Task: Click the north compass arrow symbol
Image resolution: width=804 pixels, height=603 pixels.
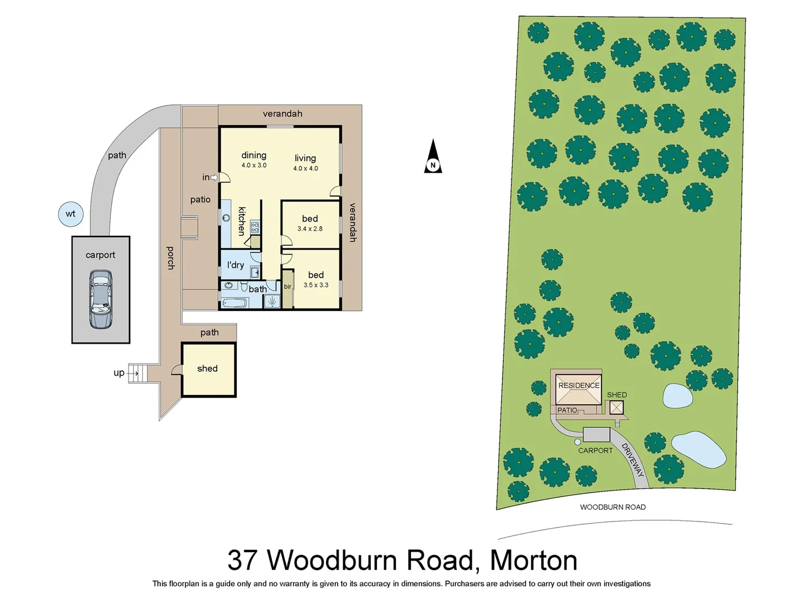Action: click(x=433, y=157)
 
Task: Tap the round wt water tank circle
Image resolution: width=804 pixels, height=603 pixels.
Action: click(x=71, y=214)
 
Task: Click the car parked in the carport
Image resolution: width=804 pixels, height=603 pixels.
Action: click(x=100, y=299)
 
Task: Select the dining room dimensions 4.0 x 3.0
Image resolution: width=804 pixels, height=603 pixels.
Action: click(x=254, y=165)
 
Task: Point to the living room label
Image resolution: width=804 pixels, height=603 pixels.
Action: click(x=305, y=158)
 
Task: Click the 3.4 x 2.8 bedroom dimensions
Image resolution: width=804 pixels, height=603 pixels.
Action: click(x=310, y=229)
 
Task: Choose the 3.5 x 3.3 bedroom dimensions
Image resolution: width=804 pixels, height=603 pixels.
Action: click(x=316, y=285)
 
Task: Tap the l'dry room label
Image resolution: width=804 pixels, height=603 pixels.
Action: click(x=236, y=265)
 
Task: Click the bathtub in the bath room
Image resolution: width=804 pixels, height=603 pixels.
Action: click(x=234, y=303)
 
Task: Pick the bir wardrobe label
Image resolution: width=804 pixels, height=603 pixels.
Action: click(x=288, y=287)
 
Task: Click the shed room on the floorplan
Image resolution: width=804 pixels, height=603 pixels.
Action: click(x=208, y=370)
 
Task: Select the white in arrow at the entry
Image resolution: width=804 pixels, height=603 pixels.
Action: click(x=214, y=178)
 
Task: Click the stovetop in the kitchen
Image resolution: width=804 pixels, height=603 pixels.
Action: click(x=255, y=227)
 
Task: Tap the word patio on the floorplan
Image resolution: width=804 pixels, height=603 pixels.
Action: click(x=200, y=199)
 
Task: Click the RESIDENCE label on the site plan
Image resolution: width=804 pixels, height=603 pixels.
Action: click(x=579, y=385)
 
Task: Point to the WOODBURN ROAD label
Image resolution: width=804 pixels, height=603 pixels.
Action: click(x=612, y=507)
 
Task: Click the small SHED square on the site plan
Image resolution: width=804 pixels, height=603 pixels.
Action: click(x=616, y=408)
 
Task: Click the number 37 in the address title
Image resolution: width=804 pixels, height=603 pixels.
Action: click(x=243, y=560)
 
